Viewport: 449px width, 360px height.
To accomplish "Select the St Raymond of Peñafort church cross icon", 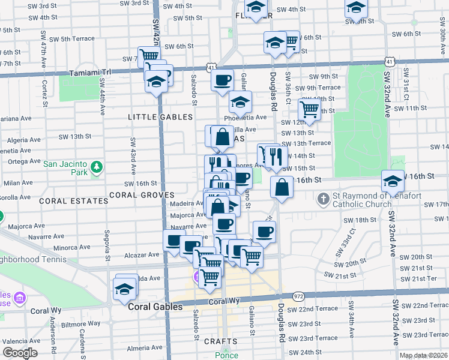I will (323, 198).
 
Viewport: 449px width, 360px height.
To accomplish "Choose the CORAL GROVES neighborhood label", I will (142, 195).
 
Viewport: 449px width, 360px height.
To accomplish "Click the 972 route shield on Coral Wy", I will (298, 296).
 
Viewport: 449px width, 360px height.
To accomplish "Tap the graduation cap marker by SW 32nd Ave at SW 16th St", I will (393, 180).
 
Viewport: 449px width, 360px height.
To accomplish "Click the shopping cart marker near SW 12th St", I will (309, 109).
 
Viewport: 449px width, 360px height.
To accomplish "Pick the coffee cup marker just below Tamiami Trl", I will (222, 79).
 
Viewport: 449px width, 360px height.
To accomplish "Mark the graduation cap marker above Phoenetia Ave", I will (240, 104).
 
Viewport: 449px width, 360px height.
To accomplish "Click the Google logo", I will (20, 353).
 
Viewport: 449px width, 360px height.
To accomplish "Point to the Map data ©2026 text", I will (423, 355).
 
